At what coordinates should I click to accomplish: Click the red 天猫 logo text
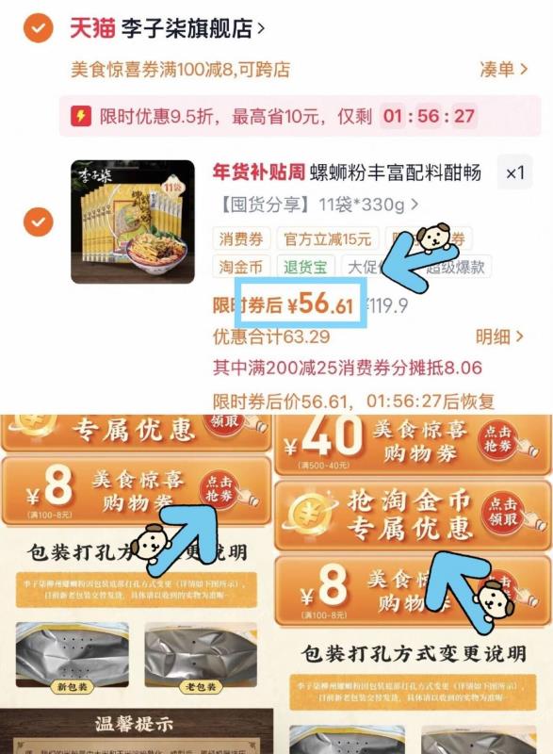[91, 28]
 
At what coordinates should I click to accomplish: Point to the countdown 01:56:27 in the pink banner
[429, 117]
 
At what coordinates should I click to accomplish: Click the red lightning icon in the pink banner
[80, 117]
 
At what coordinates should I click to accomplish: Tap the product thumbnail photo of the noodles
[132, 222]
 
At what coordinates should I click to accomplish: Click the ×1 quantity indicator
[514, 173]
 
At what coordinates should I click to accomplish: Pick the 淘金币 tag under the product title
[241, 267]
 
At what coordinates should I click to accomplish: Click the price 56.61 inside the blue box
[327, 303]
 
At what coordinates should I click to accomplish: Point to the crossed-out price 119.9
[386, 304]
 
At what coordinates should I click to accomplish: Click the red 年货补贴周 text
[260, 172]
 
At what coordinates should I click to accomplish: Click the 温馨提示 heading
[137, 725]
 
